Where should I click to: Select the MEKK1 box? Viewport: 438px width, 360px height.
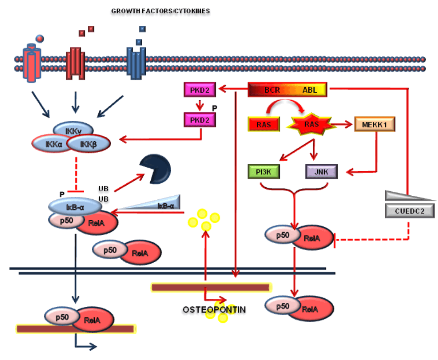(374, 124)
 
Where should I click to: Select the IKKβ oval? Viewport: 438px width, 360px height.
(88, 143)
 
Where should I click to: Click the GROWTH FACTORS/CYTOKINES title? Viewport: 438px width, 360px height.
(161, 11)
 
